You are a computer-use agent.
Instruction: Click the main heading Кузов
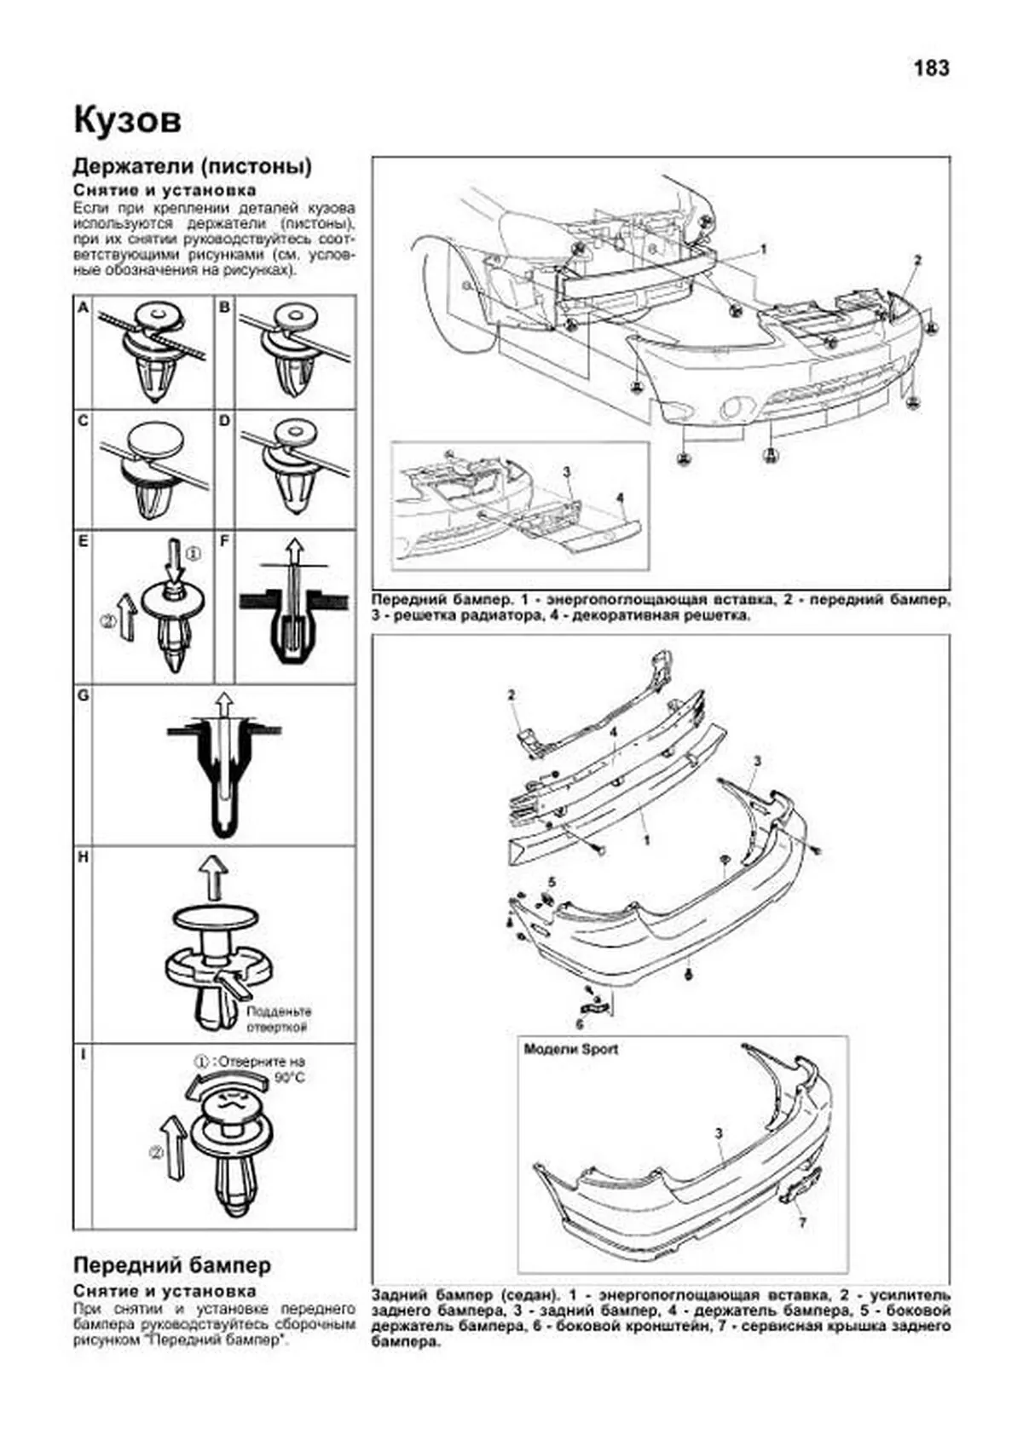[127, 120]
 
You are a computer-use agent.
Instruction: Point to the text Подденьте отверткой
[278, 1019]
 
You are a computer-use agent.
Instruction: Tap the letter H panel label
[83, 857]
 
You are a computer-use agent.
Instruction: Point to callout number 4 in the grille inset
[620, 498]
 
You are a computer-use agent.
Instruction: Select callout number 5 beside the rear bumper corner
[552, 881]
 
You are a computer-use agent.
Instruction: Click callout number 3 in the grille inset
[566, 471]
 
